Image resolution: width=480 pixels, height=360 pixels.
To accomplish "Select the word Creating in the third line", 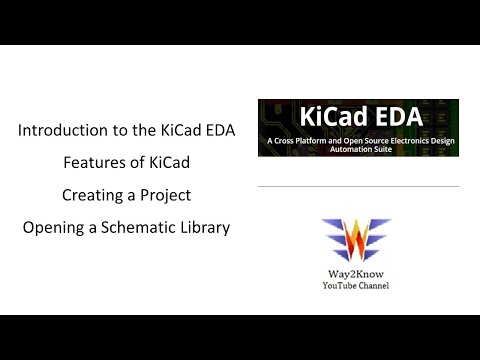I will (95, 195).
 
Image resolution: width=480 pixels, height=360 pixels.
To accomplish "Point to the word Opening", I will (53, 227).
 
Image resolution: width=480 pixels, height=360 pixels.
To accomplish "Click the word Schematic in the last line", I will (129, 227).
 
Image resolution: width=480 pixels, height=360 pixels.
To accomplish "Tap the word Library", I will (200, 227).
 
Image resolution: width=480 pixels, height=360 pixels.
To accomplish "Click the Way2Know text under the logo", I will (357, 275).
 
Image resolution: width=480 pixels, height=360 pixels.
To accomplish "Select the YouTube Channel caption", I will (357, 286).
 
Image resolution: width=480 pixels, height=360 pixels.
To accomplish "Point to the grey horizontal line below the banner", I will (357, 186).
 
